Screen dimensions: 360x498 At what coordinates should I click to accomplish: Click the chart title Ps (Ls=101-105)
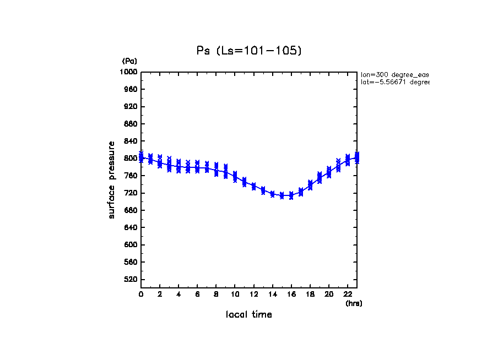(249, 51)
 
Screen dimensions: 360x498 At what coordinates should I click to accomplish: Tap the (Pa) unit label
(129, 61)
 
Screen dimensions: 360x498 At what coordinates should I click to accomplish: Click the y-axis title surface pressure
(112, 179)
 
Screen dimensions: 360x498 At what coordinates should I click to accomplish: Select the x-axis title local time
(249, 315)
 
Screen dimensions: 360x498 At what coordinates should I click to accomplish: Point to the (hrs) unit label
(353, 303)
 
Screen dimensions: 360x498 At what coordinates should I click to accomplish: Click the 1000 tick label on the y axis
(129, 72)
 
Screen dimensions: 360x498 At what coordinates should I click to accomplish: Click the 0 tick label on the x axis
(141, 294)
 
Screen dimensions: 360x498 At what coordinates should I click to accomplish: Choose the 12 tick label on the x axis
(253, 294)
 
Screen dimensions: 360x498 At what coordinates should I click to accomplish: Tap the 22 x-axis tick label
(347, 294)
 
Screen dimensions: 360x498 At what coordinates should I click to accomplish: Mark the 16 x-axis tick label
(291, 294)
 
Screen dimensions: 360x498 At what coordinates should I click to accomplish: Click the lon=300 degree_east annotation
(394, 74)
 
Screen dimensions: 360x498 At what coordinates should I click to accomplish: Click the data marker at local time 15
(282, 195)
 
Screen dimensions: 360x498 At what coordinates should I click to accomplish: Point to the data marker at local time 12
(253, 187)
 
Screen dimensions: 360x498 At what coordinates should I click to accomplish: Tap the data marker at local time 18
(310, 185)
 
